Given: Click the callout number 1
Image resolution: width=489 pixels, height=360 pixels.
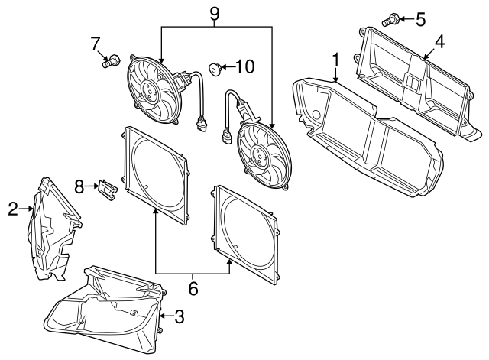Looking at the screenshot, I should [x=335, y=58].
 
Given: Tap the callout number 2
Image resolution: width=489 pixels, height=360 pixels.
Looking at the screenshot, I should [x=13, y=207].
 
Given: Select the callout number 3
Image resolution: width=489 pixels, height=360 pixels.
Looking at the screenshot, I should [x=180, y=316].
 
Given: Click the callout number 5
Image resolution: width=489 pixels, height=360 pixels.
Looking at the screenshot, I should [x=420, y=18].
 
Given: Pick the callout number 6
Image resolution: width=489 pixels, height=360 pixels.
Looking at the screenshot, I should [x=193, y=288].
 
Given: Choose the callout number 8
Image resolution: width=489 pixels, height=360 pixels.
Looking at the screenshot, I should [x=79, y=185].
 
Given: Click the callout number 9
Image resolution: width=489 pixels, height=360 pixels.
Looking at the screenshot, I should [x=215, y=13].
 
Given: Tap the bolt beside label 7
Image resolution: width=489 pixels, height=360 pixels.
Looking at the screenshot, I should [x=111, y=60].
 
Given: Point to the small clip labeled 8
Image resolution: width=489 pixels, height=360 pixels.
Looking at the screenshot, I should [x=106, y=190].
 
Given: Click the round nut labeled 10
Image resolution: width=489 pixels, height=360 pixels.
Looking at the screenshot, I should [x=215, y=70].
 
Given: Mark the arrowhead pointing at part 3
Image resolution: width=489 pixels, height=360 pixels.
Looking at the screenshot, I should [x=161, y=316].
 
